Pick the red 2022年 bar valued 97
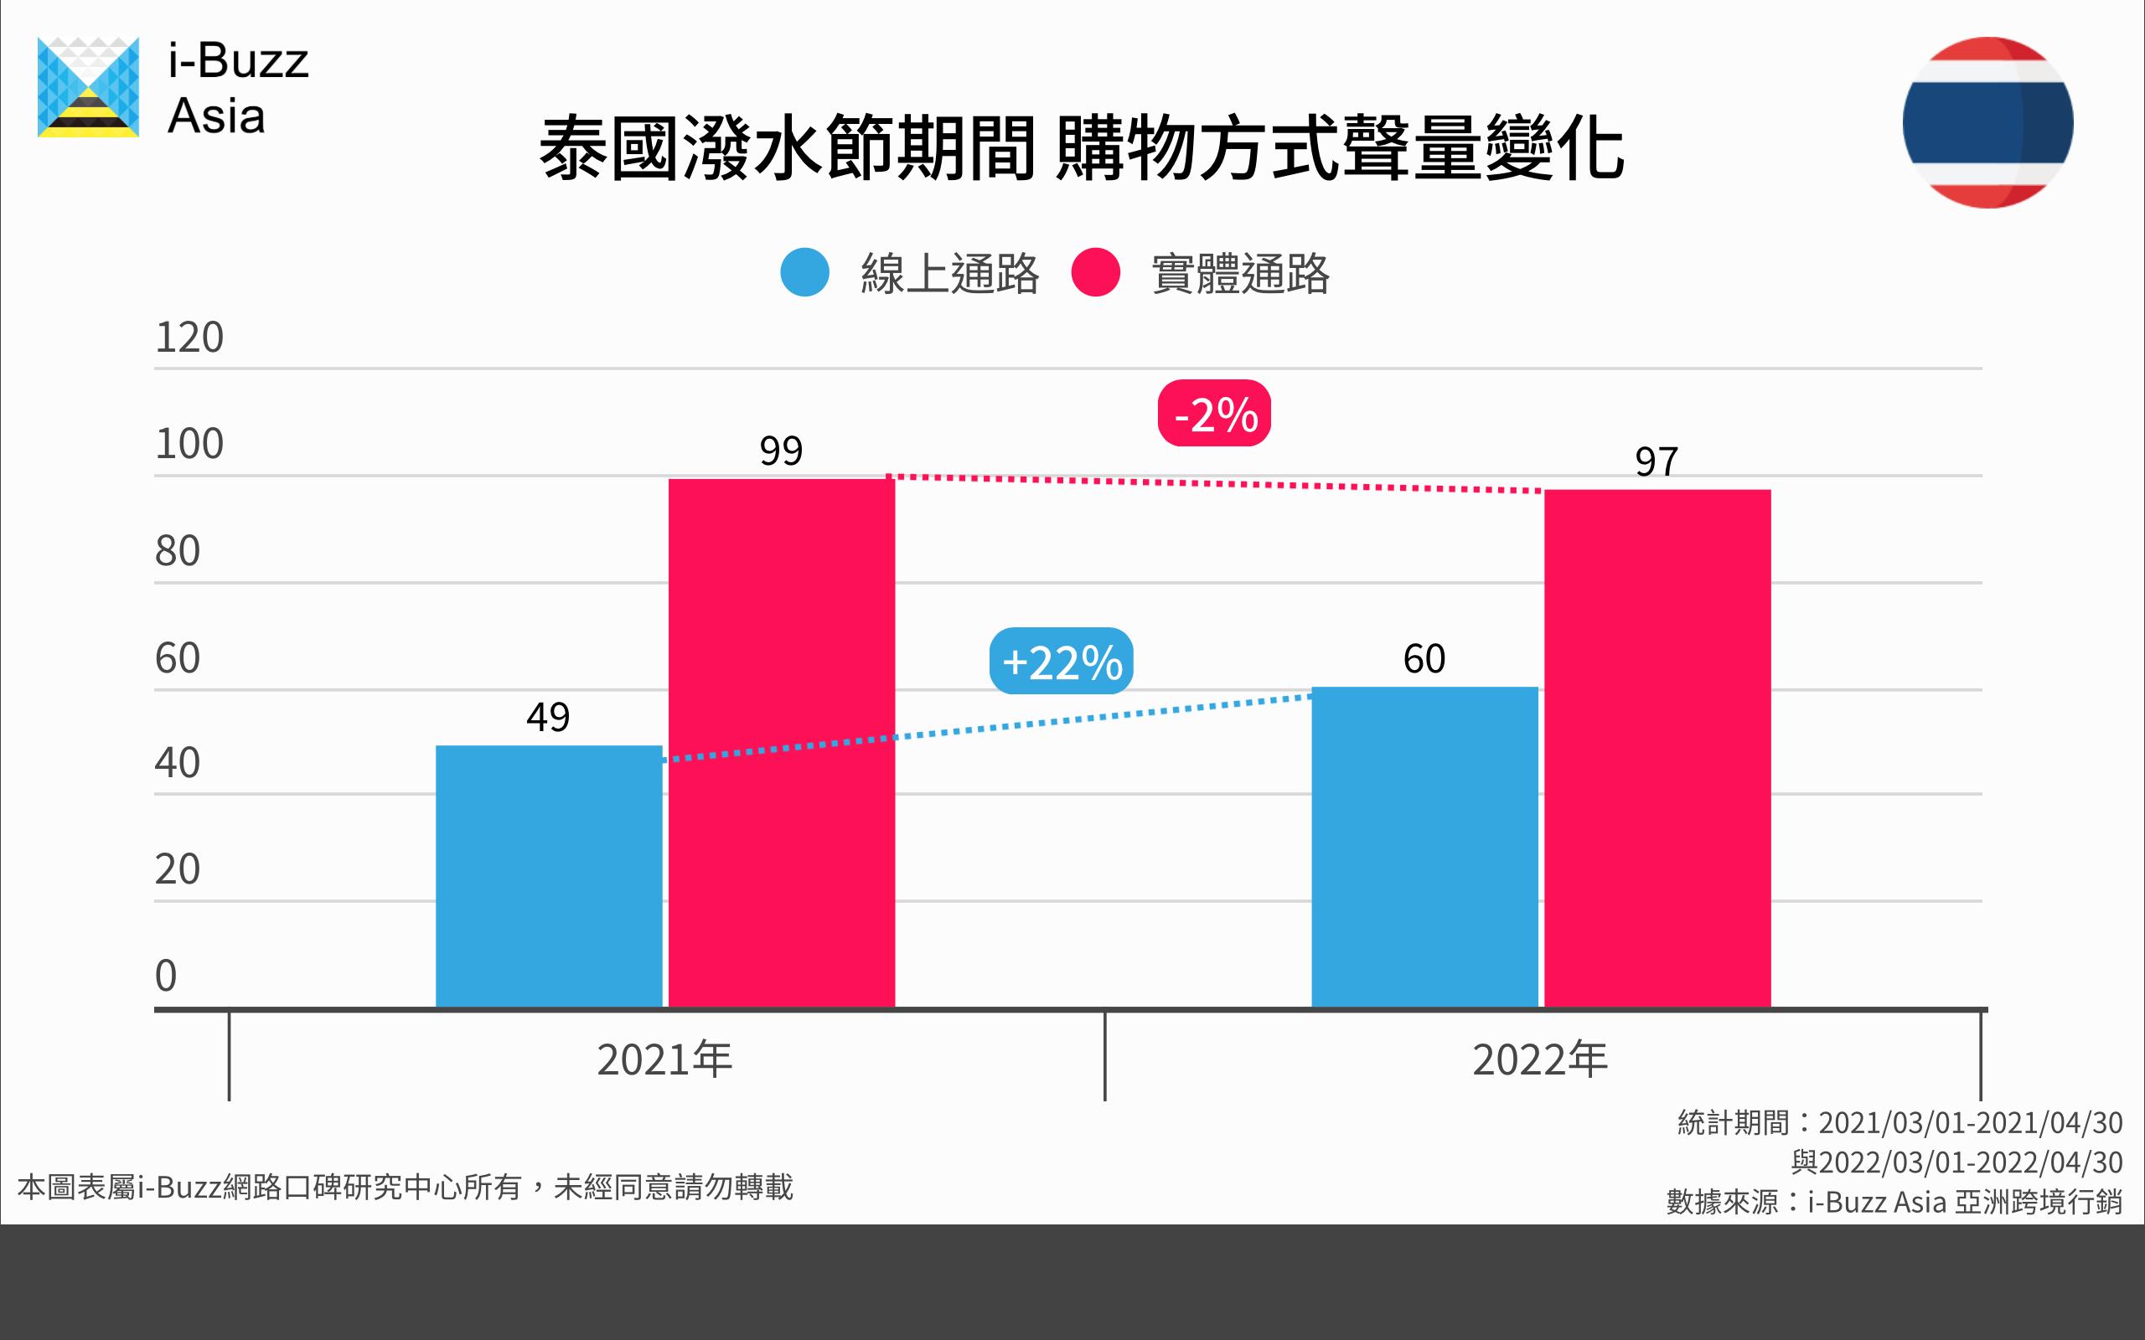[1657, 748]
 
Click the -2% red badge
[1213, 413]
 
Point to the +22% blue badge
[1061, 661]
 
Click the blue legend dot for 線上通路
[804, 272]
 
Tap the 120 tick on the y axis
[189, 338]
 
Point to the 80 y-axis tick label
[178, 551]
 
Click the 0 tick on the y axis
[166, 976]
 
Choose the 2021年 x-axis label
[664, 1059]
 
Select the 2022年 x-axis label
[1539, 1059]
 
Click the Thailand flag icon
[1987, 122]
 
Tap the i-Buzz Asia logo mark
[88, 88]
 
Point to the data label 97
[1656, 461]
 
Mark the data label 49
[548, 717]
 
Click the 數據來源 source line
[1894, 1202]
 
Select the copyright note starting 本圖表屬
[405, 1187]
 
